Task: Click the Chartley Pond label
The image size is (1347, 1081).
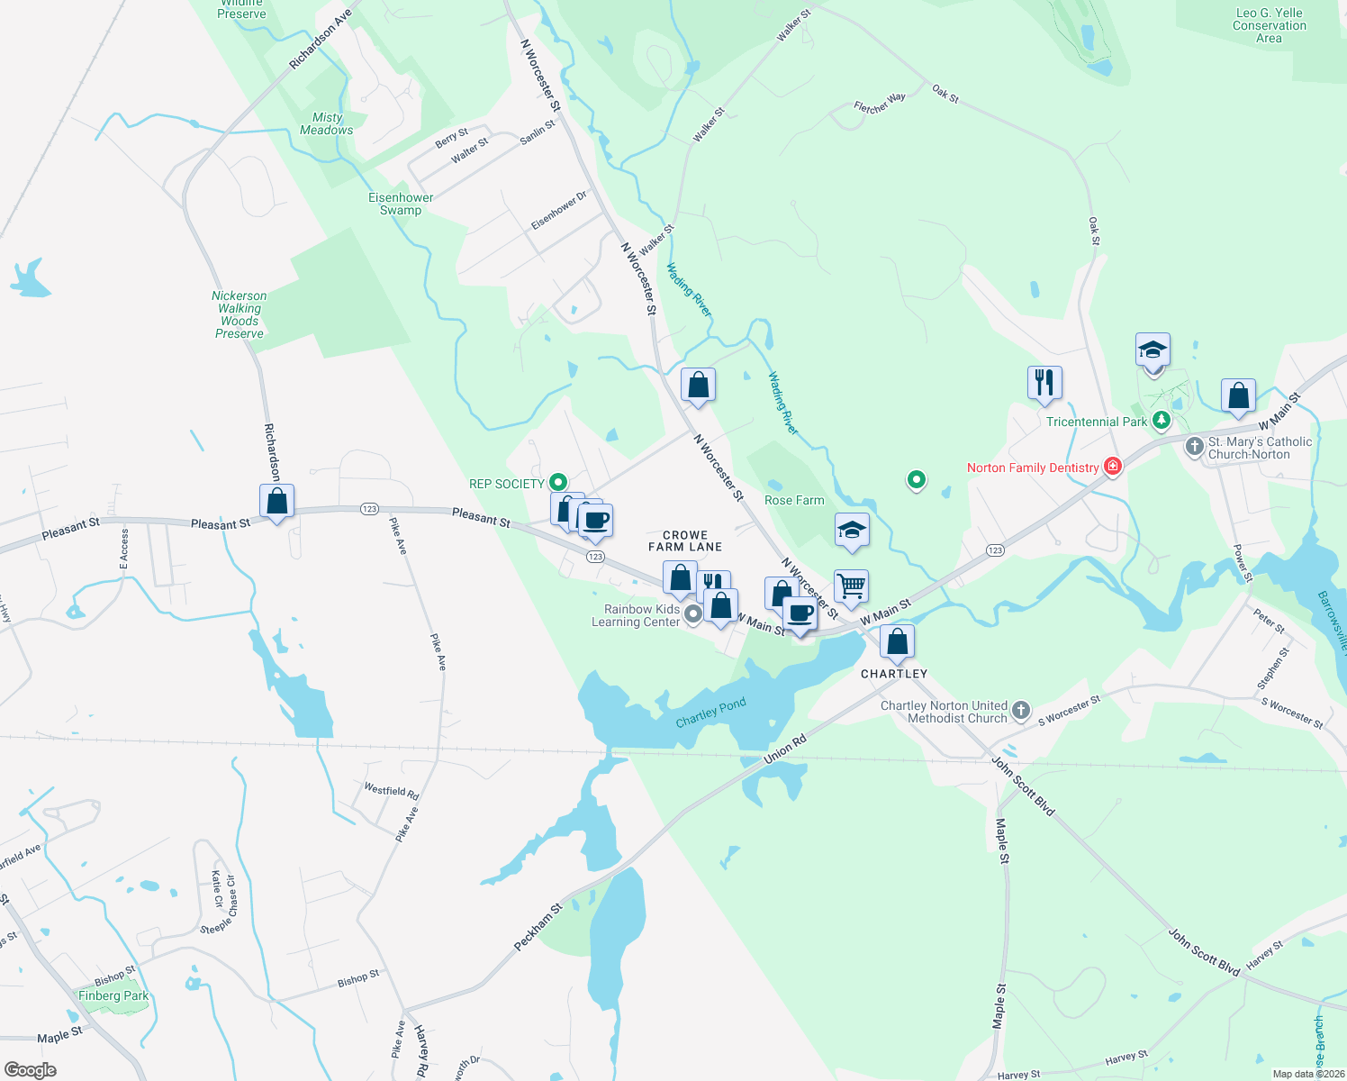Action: pos(710,713)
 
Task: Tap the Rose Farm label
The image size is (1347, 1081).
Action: pos(793,501)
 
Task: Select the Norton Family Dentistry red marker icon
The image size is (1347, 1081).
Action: pos(1113,466)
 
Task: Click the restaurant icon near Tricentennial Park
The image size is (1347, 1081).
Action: pos(1044,382)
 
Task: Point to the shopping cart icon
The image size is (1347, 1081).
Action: pos(851,586)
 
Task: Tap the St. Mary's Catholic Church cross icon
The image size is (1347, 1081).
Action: pos(1194,447)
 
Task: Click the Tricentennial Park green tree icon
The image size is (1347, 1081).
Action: pos(1162,420)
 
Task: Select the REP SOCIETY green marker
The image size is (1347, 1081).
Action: pos(558,483)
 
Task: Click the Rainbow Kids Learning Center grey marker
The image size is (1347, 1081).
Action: pos(692,614)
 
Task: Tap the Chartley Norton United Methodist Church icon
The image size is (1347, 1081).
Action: pos(1020,711)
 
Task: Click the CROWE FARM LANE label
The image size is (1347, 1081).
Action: pos(685,540)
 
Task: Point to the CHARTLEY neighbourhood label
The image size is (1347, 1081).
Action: pos(893,674)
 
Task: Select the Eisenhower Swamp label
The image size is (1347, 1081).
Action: pos(401,204)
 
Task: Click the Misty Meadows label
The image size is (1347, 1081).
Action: pos(327,123)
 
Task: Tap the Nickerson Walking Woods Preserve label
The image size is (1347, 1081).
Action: pos(239,314)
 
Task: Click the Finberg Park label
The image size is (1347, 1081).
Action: pos(113,995)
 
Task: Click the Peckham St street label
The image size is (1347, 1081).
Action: pos(538,926)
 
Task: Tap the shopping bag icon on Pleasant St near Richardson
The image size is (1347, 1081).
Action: pos(276,501)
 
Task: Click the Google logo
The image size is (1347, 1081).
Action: pos(30,1070)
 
